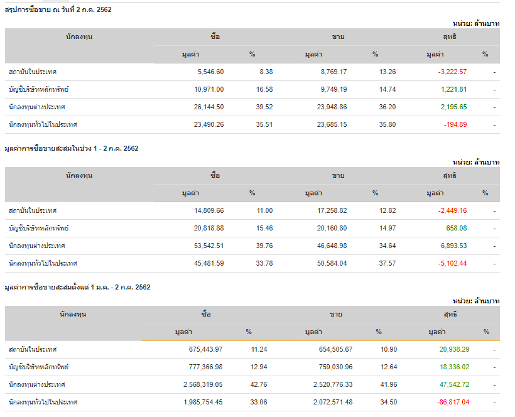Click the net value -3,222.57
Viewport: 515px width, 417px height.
(x=452, y=72)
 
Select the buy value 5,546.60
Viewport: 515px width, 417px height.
(x=210, y=72)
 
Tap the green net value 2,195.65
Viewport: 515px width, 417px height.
(x=454, y=107)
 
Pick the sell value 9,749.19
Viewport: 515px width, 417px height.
(x=333, y=89)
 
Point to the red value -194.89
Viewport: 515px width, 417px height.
(x=455, y=124)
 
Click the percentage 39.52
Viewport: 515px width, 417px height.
(x=264, y=107)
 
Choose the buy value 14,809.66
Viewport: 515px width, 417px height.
(x=209, y=210)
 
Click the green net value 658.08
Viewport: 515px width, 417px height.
(x=457, y=228)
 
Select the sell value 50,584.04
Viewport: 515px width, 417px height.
(x=332, y=263)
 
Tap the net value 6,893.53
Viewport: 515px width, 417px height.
(x=454, y=246)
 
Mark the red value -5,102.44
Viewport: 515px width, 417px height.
(x=452, y=263)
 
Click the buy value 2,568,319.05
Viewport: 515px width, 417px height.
(x=203, y=384)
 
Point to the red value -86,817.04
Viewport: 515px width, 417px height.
(x=453, y=402)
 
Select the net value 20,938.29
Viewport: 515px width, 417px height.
(x=454, y=349)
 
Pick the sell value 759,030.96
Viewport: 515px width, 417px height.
(x=335, y=367)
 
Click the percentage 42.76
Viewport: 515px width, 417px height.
(x=259, y=384)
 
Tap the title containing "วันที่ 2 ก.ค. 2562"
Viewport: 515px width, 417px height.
(x=58, y=10)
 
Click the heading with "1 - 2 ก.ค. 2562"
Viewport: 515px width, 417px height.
(x=72, y=148)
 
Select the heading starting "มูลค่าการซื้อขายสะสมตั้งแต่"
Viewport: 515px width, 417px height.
(x=77, y=287)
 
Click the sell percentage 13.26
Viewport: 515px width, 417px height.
(x=388, y=72)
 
